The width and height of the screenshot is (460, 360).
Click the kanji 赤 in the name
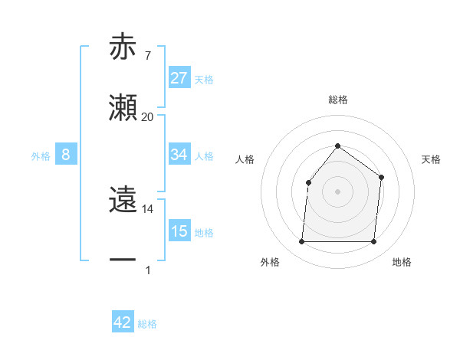pyautogui.click(x=123, y=48)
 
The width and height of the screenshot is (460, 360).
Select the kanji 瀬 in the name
pyautogui.click(x=123, y=110)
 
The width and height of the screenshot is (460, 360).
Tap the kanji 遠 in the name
pyautogui.click(x=123, y=201)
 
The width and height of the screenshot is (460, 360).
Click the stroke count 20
pyautogui.click(x=148, y=117)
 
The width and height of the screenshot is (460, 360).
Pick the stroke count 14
pyautogui.click(x=148, y=209)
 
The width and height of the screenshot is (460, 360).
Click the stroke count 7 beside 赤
pyautogui.click(x=147, y=56)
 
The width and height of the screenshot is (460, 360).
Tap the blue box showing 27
pyautogui.click(x=179, y=78)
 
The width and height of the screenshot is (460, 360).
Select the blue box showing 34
pyautogui.click(x=179, y=155)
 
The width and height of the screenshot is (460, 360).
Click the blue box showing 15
pyautogui.click(x=179, y=231)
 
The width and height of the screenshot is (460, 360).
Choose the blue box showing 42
pyautogui.click(x=123, y=323)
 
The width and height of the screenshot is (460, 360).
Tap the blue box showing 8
pyautogui.click(x=66, y=155)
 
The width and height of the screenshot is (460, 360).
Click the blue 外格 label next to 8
pyautogui.click(x=41, y=155)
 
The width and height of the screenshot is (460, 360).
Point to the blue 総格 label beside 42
pyautogui.click(x=147, y=324)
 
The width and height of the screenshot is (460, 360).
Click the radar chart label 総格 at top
pyautogui.click(x=337, y=100)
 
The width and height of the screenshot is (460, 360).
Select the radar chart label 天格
pyautogui.click(x=431, y=159)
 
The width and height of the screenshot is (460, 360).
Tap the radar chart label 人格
pyautogui.click(x=245, y=159)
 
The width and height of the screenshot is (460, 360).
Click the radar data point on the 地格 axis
pyautogui.click(x=373, y=241)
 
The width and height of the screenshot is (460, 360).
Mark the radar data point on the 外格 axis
pyautogui.click(x=301, y=241)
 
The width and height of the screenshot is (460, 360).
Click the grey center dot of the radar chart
pyautogui.click(x=337, y=191)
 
